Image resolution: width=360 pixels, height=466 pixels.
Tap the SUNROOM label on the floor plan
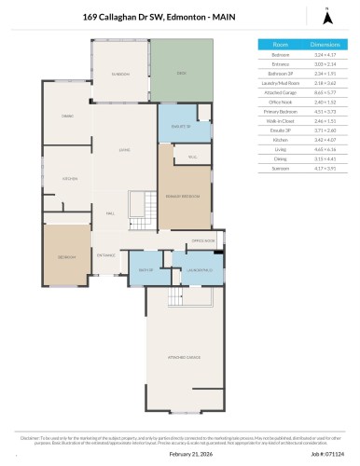click(x=120, y=73)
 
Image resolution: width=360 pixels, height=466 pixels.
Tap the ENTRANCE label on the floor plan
click(x=107, y=255)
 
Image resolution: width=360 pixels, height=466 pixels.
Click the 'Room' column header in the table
click(x=280, y=44)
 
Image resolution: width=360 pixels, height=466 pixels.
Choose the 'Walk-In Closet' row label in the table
click(x=280, y=121)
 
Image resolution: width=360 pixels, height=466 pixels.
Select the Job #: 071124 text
click(x=325, y=454)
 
